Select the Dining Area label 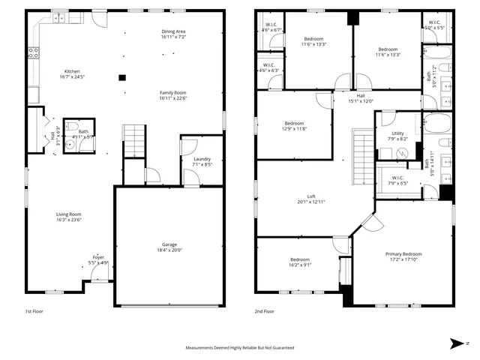pos(173,31)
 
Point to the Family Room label pos(172,92)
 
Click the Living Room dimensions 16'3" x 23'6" pos(69,220)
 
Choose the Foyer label pos(98,256)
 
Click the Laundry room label pos(202,158)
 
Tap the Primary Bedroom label pos(403,254)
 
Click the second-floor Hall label pos(361,96)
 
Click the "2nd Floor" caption pos(264,310)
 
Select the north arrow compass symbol pos(455,343)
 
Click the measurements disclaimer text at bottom pos(240,348)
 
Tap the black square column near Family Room pos(121,76)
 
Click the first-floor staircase pos(133,141)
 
